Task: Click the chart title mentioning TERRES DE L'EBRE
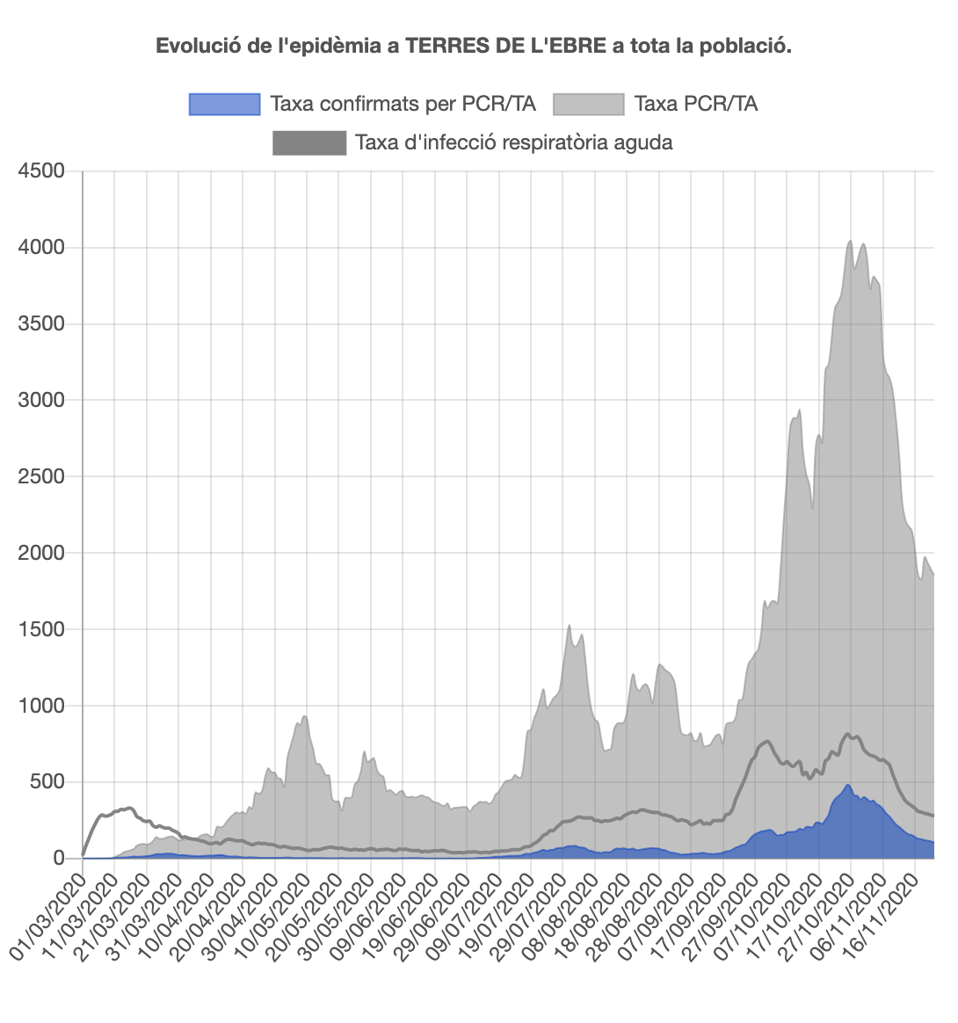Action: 474,46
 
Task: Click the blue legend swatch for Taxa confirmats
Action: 225,104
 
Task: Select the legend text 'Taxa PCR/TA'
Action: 695,104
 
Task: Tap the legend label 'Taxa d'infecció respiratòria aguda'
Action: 513,142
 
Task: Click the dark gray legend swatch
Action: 309,142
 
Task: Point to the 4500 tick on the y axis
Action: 41,170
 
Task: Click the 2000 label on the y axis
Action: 41,553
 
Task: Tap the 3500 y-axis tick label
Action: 41,323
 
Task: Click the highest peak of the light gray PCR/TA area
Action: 850,241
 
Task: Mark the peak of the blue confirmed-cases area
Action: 848,785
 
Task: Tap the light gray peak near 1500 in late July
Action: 570,626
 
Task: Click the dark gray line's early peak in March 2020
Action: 129,808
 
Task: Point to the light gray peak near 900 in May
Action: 305,716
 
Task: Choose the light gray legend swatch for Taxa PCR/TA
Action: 589,104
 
